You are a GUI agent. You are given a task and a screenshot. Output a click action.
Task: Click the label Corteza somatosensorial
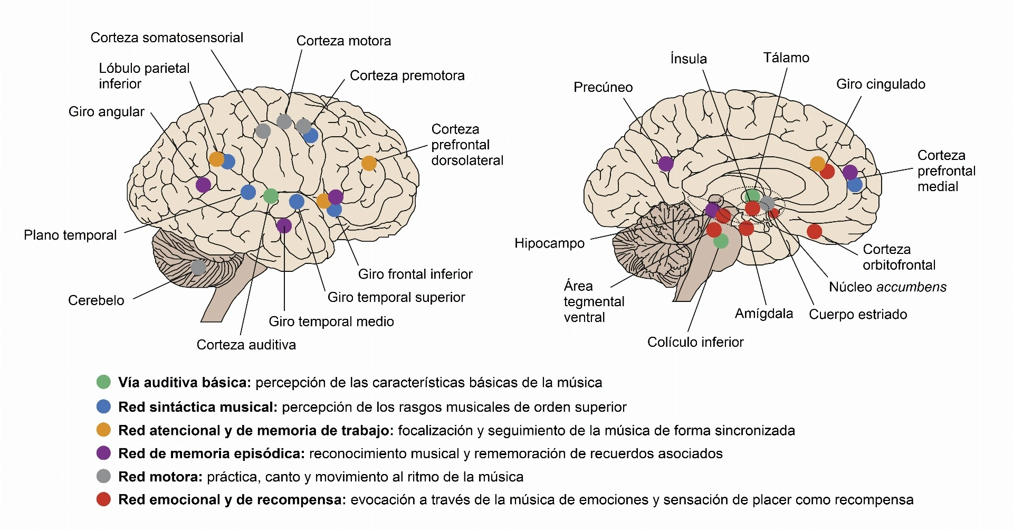167,37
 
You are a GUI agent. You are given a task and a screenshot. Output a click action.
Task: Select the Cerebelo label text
96,300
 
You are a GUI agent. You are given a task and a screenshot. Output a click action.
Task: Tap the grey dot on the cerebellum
198,268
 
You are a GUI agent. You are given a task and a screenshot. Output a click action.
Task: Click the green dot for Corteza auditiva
271,196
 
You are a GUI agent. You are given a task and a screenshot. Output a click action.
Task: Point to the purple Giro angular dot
203,185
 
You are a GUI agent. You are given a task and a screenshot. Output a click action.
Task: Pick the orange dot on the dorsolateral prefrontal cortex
369,164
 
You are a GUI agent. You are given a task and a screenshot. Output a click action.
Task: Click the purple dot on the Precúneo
666,164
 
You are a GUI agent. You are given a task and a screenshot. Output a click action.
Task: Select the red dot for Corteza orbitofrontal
815,231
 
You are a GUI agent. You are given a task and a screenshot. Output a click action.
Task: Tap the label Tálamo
786,58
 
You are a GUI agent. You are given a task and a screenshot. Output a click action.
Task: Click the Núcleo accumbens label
888,287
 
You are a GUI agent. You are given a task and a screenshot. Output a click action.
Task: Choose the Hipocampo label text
550,243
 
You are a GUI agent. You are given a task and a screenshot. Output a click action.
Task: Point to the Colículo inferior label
695,342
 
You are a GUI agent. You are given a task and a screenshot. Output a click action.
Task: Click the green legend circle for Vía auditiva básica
103,382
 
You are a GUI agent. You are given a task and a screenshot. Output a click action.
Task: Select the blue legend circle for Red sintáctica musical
103,406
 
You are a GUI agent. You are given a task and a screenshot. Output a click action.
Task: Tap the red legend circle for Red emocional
103,499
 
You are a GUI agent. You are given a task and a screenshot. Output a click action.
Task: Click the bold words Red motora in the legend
160,477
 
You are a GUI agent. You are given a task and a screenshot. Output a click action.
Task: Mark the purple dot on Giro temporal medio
284,226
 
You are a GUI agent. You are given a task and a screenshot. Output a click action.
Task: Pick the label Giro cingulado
881,84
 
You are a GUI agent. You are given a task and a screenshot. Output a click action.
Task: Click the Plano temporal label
70,235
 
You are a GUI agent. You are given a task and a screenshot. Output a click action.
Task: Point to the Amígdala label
764,314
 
